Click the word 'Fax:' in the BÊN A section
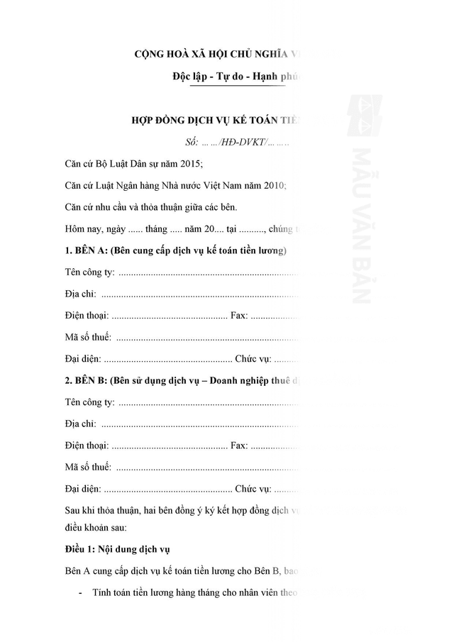point(240,316)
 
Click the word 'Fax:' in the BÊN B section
point(240,445)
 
